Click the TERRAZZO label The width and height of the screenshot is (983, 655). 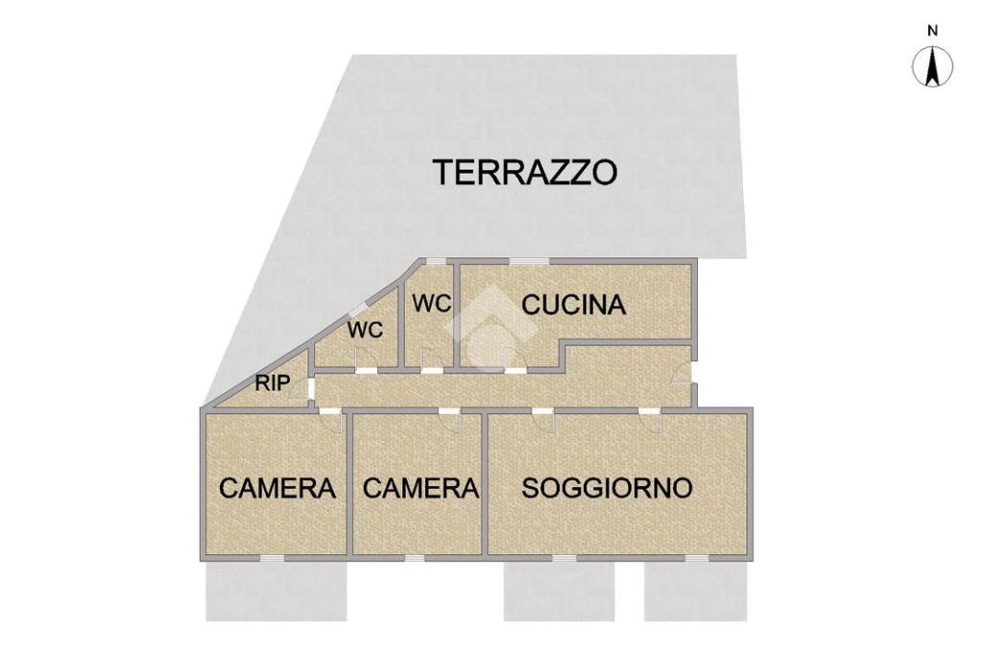(x=525, y=172)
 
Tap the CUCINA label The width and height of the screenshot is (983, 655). (x=574, y=304)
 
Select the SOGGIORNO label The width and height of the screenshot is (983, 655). (x=607, y=488)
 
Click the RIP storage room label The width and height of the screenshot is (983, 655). (x=272, y=383)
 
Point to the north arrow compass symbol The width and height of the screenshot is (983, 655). (x=933, y=66)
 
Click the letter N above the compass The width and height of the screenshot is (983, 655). (x=933, y=31)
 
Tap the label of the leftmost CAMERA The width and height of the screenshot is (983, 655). (x=277, y=488)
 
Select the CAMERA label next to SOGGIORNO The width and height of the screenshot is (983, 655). (x=420, y=488)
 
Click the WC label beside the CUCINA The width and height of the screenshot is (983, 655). (x=431, y=303)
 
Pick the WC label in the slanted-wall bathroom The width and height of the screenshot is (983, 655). (x=366, y=329)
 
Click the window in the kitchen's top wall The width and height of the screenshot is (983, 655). (x=529, y=261)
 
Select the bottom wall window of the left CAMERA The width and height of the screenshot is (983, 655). (x=272, y=558)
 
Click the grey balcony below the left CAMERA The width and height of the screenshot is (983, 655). (x=276, y=591)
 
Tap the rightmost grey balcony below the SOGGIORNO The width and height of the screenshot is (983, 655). (x=696, y=591)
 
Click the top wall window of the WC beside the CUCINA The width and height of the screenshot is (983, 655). (x=437, y=261)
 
